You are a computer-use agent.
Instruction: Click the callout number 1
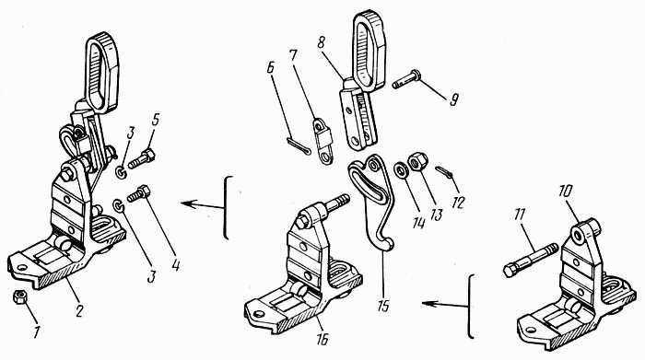pyautogui.click(x=36, y=331)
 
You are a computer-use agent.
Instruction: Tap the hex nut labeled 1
pyautogui.click(x=19, y=296)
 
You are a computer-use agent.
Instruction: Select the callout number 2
pyautogui.click(x=79, y=311)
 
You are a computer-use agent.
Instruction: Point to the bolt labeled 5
pyautogui.click(x=141, y=159)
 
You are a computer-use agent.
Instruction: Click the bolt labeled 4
pyautogui.click(x=138, y=193)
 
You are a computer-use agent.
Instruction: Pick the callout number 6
pyautogui.click(x=270, y=68)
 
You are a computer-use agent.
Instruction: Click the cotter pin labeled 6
pyautogui.click(x=299, y=147)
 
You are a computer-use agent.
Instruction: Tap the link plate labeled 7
pyautogui.click(x=323, y=142)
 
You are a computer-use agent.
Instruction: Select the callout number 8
pyautogui.click(x=322, y=42)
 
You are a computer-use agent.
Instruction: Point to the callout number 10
pyautogui.click(x=565, y=192)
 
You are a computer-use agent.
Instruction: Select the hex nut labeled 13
pyautogui.click(x=418, y=161)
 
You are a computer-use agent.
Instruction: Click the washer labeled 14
pyautogui.click(x=399, y=169)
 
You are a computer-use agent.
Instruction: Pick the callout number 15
pyautogui.click(x=383, y=307)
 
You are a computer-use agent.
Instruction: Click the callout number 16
pyautogui.click(x=322, y=339)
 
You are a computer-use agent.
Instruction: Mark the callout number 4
pyautogui.click(x=176, y=265)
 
